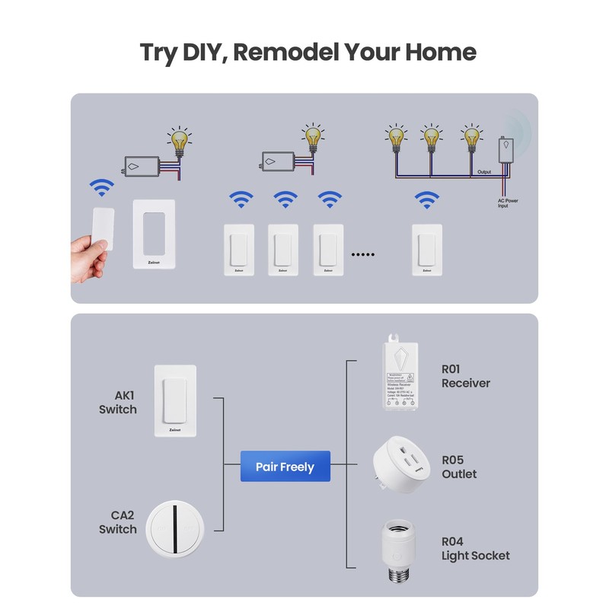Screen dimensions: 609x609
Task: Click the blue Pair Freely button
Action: pyautogui.click(x=285, y=467)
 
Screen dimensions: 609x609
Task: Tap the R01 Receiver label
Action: pyautogui.click(x=465, y=376)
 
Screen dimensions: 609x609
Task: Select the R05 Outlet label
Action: pyautogui.click(x=459, y=467)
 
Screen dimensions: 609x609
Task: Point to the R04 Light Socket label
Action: pyautogui.click(x=475, y=548)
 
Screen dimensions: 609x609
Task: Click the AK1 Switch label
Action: pyautogui.click(x=118, y=402)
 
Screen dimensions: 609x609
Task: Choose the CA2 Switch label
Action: pyautogui.click(x=118, y=521)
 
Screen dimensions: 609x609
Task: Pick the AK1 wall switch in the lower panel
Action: pyautogui.click(x=175, y=400)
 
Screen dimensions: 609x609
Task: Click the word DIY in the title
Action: pyautogui.click(x=203, y=53)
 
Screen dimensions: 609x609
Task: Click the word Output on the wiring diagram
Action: pyautogui.click(x=484, y=172)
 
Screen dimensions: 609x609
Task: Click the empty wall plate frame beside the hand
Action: pyautogui.click(x=154, y=234)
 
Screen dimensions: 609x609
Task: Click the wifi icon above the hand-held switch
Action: pyautogui.click(x=101, y=187)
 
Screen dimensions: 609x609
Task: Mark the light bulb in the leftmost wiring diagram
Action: pyautogui.click(x=180, y=142)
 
